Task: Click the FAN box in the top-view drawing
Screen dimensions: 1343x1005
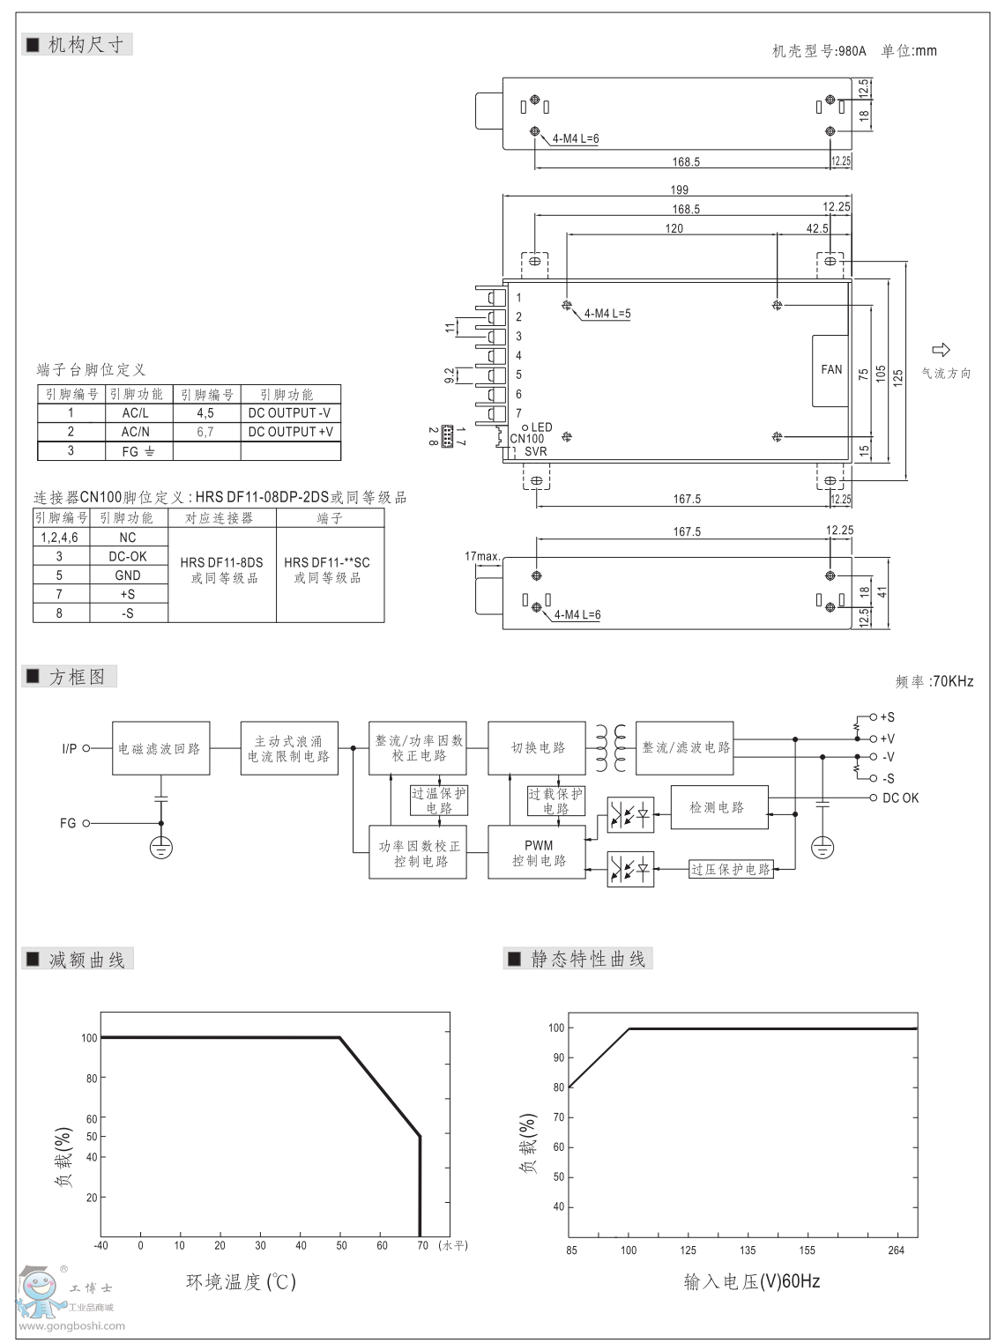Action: tap(830, 370)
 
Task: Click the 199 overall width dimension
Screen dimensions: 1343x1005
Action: tap(679, 189)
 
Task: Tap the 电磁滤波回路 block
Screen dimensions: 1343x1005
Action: tap(160, 748)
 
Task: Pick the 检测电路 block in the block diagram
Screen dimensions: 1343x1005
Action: tap(718, 807)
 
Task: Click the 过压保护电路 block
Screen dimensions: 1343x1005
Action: tap(731, 870)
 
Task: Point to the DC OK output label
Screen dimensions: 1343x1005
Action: tap(900, 798)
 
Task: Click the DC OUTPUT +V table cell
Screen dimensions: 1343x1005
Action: tap(291, 432)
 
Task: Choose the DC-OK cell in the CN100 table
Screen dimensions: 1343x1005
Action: tap(128, 556)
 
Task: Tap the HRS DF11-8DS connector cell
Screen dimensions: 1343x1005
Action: tap(222, 569)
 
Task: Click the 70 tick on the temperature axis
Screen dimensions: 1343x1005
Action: tap(422, 1245)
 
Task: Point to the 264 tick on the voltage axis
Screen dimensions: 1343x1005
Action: tap(896, 1250)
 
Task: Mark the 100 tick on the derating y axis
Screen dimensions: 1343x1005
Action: tap(89, 1038)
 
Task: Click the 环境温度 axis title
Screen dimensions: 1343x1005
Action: tap(241, 1281)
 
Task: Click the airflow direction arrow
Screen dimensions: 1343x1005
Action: tap(941, 350)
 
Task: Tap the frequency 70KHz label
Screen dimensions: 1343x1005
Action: tap(934, 681)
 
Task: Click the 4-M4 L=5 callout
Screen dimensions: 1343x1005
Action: tap(607, 314)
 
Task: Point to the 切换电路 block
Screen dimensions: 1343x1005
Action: tap(538, 747)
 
